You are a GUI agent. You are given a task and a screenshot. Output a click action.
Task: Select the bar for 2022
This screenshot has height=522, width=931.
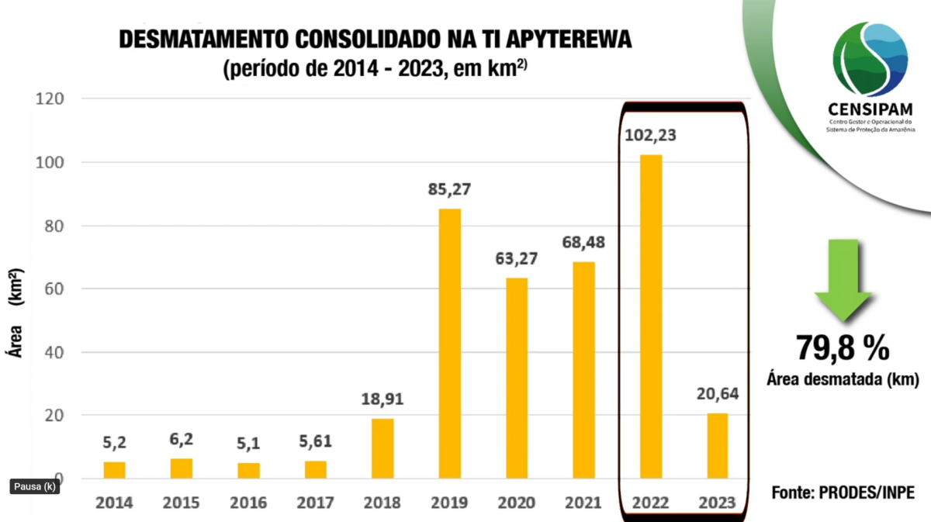650,316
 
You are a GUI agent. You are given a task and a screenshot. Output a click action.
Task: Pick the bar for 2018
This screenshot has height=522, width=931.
382,448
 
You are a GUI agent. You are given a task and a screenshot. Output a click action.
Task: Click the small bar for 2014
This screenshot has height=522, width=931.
114,470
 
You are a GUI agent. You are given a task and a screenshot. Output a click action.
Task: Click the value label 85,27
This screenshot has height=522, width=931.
450,189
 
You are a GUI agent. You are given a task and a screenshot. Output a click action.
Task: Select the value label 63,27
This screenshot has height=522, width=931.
517,258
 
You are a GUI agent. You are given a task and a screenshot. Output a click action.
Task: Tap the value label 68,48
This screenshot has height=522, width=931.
583,242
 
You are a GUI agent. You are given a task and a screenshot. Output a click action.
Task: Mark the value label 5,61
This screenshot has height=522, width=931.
316,441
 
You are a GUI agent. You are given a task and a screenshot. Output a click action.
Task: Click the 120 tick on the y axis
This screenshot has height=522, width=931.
48,99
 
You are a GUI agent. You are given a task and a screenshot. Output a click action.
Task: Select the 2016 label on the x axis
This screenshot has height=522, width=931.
248,503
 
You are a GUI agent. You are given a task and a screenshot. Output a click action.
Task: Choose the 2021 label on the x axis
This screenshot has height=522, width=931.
583,503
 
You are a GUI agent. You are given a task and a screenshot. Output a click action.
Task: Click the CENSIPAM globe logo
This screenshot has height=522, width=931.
870,59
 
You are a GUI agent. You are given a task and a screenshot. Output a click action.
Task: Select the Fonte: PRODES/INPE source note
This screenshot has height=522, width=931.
843,493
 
